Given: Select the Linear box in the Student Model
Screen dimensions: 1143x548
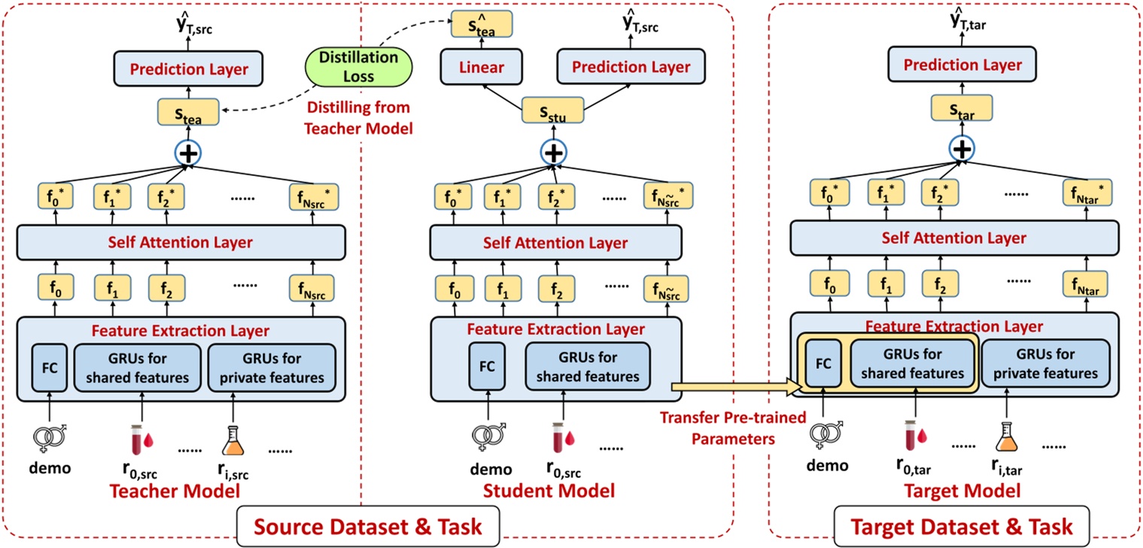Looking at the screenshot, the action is pyautogui.click(x=482, y=67).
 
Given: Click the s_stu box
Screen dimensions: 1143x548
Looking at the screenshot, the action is pyautogui.click(x=553, y=113).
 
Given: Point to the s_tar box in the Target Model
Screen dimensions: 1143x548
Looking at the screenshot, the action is pyautogui.click(x=959, y=108).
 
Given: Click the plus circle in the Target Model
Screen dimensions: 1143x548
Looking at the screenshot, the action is pyautogui.click(x=959, y=148).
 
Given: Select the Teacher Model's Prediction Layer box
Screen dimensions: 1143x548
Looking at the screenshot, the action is pyautogui.click(x=190, y=70).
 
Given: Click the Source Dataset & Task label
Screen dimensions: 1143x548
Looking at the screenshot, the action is pyautogui.click(x=369, y=524).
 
